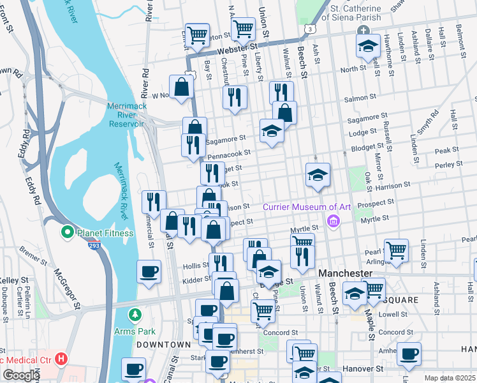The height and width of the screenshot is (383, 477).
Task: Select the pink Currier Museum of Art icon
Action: (x=332, y=220)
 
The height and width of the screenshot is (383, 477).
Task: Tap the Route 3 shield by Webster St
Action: (x=309, y=29)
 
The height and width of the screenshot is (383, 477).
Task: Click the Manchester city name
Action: (x=345, y=273)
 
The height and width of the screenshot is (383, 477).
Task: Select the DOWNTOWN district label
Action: (x=163, y=344)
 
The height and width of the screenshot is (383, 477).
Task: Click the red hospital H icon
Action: (x=61, y=359)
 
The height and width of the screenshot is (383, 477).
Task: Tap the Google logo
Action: (x=21, y=375)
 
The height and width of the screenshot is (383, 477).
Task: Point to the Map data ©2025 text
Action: (x=449, y=378)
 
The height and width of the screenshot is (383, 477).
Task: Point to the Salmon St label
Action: (x=356, y=98)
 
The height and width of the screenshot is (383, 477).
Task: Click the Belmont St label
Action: (x=459, y=40)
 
